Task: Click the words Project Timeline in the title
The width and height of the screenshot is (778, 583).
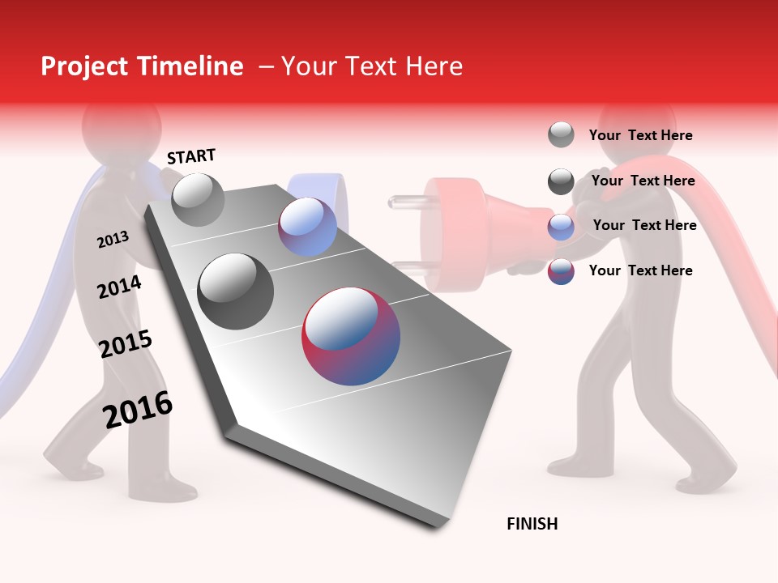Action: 142,66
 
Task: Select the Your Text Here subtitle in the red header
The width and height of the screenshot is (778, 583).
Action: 372,66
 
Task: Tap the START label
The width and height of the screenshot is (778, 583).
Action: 191,156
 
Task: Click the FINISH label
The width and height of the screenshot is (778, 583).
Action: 532,524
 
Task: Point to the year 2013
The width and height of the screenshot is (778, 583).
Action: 113,240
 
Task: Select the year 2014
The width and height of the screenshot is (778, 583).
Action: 119,287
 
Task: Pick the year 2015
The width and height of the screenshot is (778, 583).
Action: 126,343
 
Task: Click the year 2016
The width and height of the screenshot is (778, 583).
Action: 138,409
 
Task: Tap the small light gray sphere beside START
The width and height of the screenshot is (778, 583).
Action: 198,199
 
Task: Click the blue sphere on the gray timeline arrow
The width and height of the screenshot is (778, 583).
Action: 307,227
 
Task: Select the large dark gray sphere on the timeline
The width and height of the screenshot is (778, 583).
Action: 236,291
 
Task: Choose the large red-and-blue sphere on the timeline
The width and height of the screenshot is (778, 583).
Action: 351,336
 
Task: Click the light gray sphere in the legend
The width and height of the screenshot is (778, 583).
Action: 561,135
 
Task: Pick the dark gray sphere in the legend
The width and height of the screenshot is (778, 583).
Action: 561,181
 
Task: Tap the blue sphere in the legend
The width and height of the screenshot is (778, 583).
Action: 561,227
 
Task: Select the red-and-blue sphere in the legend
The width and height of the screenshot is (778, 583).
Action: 561,271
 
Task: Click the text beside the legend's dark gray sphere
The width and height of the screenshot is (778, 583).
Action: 643,181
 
